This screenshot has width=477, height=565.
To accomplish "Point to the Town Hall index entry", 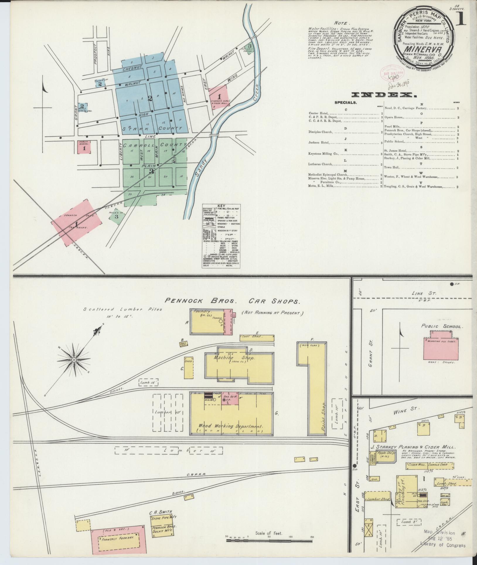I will [392, 168].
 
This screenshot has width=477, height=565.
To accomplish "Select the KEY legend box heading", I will [221, 206].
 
